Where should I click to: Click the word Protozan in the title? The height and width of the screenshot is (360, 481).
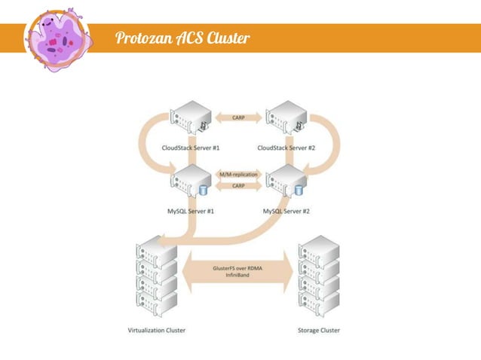point(143,38)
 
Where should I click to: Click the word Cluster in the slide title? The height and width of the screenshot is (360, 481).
point(224,38)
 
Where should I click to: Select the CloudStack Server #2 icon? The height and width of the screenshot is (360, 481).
point(286,120)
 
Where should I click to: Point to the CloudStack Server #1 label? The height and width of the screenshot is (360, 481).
point(191,148)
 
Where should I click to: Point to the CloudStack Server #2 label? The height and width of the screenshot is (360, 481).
point(286,148)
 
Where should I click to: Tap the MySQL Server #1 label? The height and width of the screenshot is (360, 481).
point(191,212)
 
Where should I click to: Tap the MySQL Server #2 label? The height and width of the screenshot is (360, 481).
point(286,212)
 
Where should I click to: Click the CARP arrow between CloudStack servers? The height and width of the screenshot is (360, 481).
point(238,117)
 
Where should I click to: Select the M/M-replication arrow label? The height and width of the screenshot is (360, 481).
point(238,175)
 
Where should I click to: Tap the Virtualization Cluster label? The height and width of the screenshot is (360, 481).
point(153,330)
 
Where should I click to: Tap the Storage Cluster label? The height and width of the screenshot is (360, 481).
point(319,330)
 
